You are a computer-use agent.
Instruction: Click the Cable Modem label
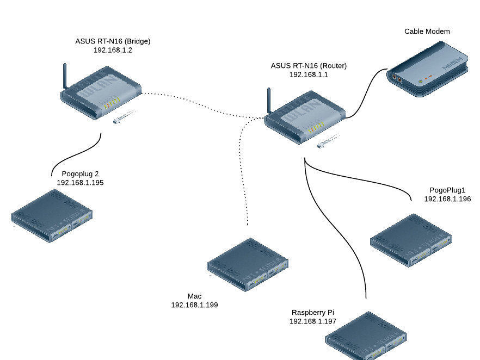click(x=427, y=32)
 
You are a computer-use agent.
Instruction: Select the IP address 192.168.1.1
click(x=309, y=75)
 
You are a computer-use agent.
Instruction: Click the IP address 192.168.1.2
click(x=113, y=49)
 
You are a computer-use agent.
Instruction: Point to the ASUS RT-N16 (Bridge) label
click(x=113, y=41)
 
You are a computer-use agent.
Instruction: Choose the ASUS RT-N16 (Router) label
click(x=309, y=66)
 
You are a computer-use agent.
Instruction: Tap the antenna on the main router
click(x=269, y=101)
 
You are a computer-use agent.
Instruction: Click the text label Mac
click(x=194, y=296)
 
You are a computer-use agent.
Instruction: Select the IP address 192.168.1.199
click(x=194, y=305)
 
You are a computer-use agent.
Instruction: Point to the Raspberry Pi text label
click(x=312, y=313)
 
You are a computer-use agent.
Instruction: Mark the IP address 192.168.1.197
click(x=312, y=321)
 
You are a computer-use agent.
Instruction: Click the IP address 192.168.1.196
click(x=447, y=199)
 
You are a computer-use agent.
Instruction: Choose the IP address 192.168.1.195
click(x=80, y=183)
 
